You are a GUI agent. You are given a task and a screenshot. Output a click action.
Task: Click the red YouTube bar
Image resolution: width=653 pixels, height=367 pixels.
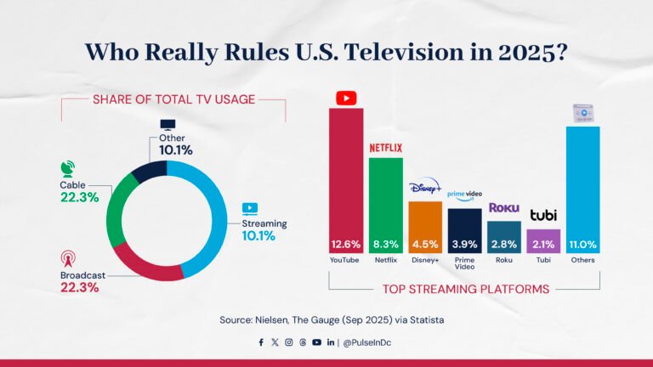(346, 170)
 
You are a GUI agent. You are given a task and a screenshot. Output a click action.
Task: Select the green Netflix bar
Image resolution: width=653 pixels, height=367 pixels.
(385, 195)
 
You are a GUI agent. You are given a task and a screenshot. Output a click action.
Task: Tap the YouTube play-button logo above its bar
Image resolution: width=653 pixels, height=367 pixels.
(345, 98)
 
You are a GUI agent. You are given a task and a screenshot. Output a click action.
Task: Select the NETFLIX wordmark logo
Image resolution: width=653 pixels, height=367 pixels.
(385, 148)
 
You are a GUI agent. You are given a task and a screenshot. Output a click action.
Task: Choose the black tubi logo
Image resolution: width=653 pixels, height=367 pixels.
(543, 215)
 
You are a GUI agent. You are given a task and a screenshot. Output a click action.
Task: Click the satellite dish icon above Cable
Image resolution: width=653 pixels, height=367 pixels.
(68, 167)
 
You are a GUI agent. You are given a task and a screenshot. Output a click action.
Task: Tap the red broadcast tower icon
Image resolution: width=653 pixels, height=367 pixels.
(68, 257)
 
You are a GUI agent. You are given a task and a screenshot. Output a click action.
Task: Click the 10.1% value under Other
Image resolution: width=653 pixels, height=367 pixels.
(175, 150)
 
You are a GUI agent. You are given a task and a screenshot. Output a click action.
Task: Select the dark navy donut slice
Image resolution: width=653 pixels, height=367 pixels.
(150, 168)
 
